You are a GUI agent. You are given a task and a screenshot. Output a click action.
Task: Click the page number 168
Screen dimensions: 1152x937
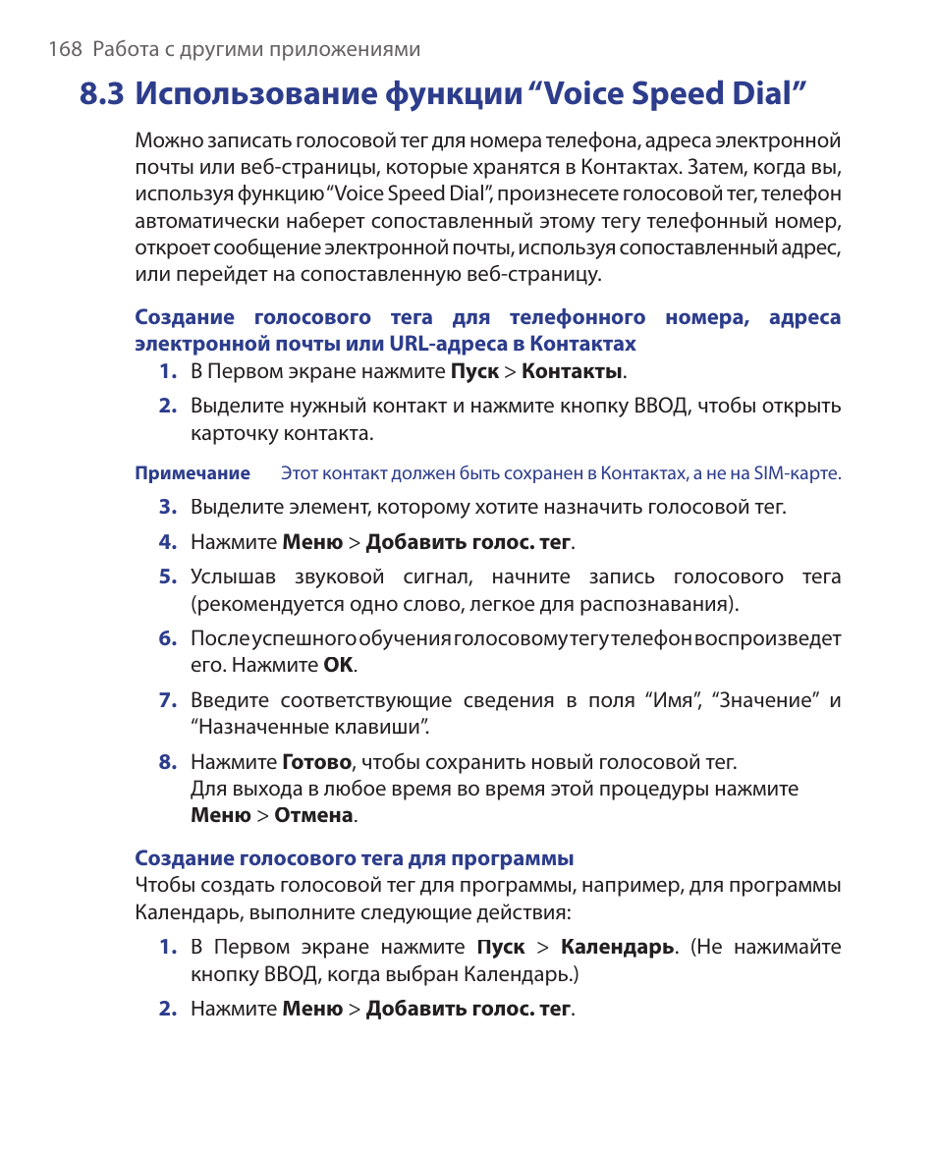(x=65, y=50)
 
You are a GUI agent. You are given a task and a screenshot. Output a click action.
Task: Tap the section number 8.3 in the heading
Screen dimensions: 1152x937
(x=103, y=94)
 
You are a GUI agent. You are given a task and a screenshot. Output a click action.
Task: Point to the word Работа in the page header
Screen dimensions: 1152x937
(x=122, y=50)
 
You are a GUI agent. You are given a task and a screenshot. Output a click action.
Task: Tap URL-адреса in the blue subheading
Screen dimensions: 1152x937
(x=436, y=344)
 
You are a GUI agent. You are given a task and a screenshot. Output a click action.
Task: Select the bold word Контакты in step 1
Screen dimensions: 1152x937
(x=573, y=371)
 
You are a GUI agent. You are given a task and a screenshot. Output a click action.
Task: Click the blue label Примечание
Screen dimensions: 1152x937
(x=193, y=473)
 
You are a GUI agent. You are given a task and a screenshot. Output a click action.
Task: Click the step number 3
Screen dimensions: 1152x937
(x=167, y=507)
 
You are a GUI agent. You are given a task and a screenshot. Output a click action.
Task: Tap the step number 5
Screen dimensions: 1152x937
(x=167, y=576)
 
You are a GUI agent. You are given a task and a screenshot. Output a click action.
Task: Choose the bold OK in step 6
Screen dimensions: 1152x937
(x=338, y=665)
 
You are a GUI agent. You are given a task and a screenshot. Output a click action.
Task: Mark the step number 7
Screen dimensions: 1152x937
(x=167, y=700)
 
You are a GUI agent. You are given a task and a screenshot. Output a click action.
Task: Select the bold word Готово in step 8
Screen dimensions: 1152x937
(x=316, y=762)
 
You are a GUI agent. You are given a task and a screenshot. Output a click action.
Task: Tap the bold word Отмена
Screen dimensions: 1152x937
(x=313, y=815)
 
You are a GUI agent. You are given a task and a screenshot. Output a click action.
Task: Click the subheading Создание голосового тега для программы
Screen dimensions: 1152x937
(x=354, y=858)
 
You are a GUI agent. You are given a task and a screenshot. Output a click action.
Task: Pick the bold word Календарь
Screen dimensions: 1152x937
(x=617, y=948)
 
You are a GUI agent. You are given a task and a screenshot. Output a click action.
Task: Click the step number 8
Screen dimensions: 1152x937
(x=167, y=762)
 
